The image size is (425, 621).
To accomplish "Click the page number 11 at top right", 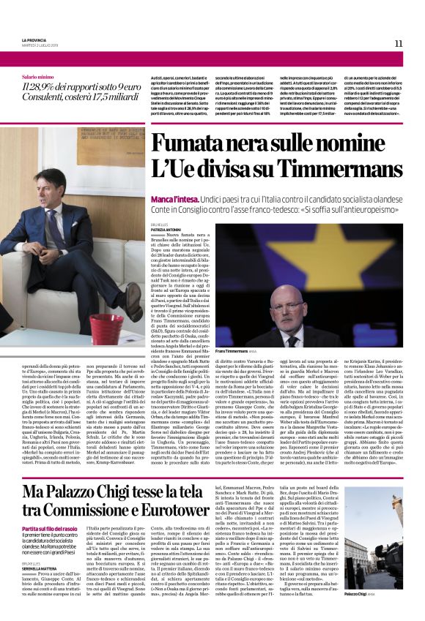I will click(399, 43).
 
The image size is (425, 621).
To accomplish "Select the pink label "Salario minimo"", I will click(38, 76).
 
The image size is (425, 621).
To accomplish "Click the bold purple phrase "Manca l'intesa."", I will click(169, 179).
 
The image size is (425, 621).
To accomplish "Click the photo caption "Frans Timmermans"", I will click(236, 353).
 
